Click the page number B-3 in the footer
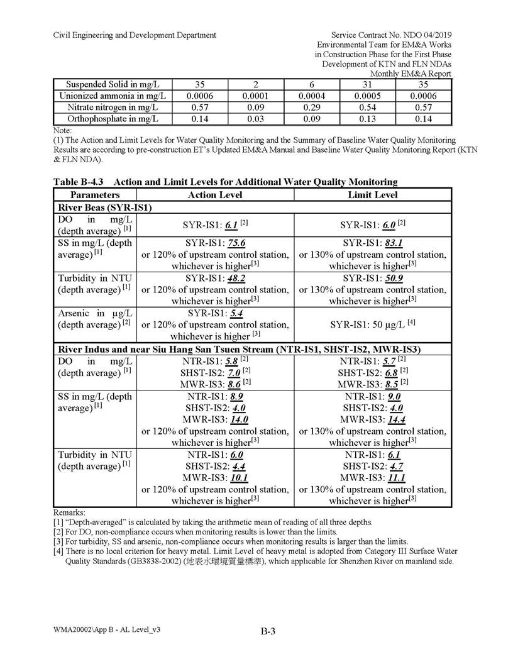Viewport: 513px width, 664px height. click(x=268, y=632)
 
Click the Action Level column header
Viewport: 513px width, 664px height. click(x=215, y=195)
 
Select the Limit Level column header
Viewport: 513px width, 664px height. click(x=373, y=195)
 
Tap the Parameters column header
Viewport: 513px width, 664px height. click(x=95, y=195)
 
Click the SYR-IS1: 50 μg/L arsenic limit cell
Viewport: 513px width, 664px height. click(x=373, y=324)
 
